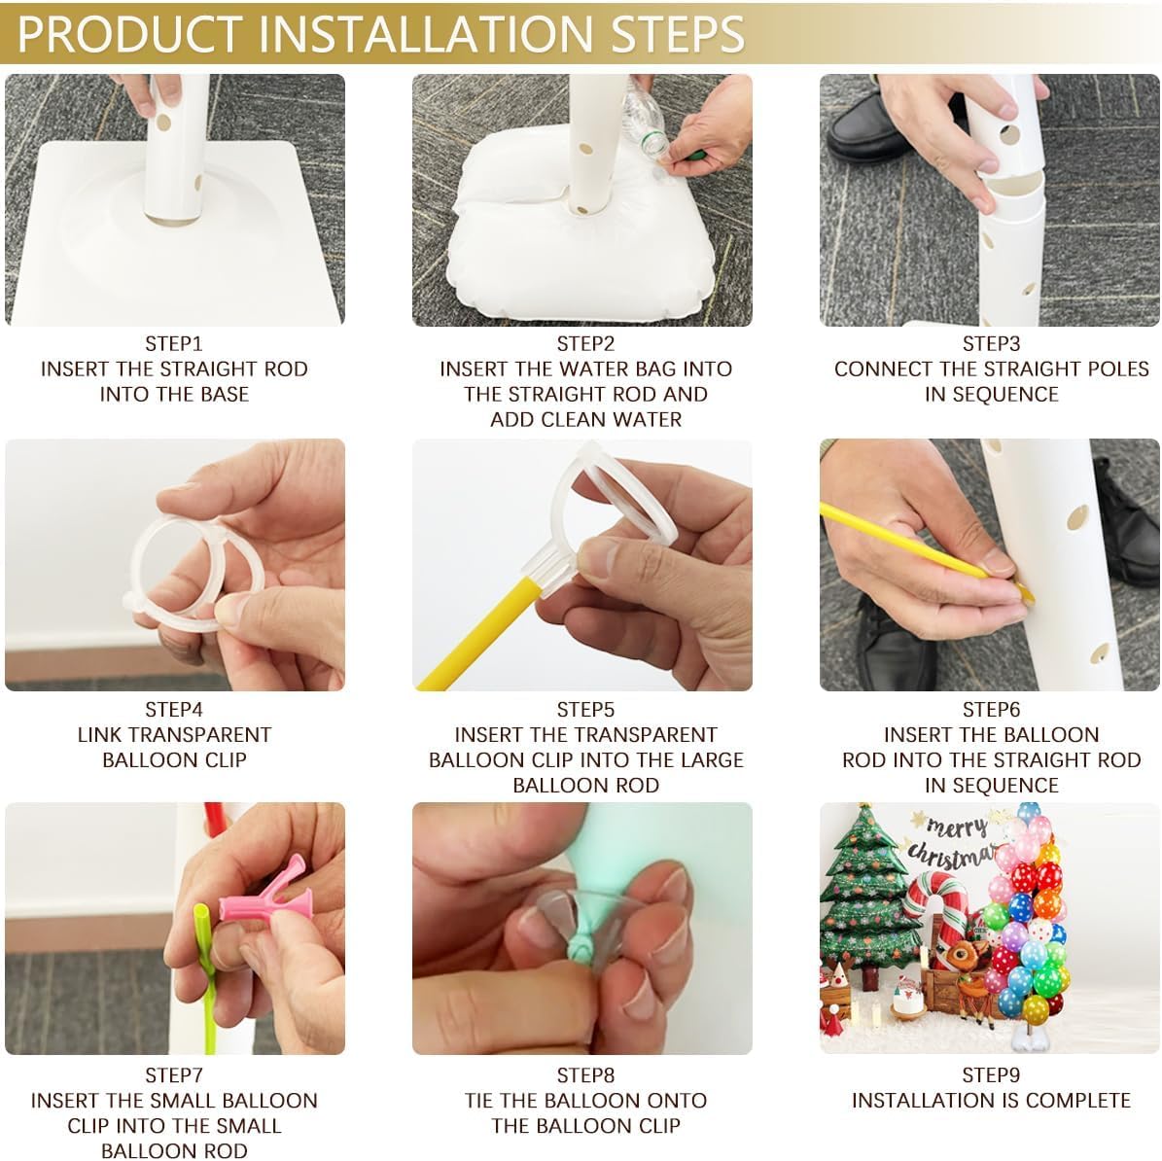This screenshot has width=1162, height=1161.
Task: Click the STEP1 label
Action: coord(174,344)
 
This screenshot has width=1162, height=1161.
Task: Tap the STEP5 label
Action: coord(585,710)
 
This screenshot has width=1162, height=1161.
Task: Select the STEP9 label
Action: coord(991,1075)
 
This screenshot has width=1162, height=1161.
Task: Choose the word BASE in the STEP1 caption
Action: coord(224,394)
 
